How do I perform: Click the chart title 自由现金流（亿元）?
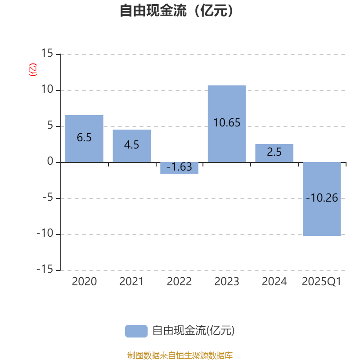176,10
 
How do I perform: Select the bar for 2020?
84,139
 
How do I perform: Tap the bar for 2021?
132,146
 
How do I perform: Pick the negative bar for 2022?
179,168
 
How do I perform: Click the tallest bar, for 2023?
227,124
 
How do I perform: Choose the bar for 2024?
274,153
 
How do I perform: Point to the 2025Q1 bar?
322,199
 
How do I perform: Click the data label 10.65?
227,122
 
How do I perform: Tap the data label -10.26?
322,198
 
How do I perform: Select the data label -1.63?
179,166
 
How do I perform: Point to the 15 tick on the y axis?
47,53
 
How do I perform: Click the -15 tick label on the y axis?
45,269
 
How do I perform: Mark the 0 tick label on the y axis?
50,161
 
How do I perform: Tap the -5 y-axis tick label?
48,197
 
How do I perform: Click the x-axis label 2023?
227,282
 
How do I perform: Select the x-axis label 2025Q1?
322,282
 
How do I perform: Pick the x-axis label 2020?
84,282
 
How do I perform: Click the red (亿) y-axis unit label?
33,70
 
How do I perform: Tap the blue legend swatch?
136,331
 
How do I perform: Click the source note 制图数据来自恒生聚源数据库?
180,355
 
